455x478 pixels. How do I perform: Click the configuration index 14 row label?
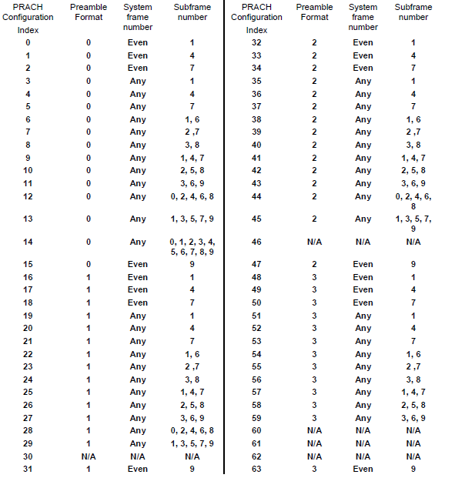tap(28, 242)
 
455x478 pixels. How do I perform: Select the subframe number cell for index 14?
tap(192, 246)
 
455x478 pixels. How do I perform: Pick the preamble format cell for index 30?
tap(89, 456)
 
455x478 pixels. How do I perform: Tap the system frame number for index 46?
tap(363, 242)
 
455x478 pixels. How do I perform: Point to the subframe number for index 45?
tap(413, 223)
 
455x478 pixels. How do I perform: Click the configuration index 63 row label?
tap(257, 469)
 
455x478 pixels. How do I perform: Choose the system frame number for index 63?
tap(363, 469)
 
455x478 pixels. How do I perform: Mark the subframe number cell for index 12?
tap(192, 196)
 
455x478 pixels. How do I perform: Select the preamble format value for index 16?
tap(89, 277)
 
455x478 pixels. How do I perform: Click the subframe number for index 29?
tap(192, 443)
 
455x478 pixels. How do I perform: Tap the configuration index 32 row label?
tap(257, 43)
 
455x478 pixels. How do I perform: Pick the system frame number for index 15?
tap(138, 264)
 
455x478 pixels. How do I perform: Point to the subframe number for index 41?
tap(413, 157)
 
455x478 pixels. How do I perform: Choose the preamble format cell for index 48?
tap(314, 277)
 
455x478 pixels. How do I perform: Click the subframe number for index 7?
tap(192, 132)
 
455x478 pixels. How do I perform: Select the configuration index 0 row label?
tap(28, 43)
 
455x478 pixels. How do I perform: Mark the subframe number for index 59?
tap(413, 418)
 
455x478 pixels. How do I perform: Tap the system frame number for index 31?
tap(138, 469)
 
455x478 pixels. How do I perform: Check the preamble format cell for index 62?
tap(314, 456)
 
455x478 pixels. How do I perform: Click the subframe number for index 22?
tap(192, 354)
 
